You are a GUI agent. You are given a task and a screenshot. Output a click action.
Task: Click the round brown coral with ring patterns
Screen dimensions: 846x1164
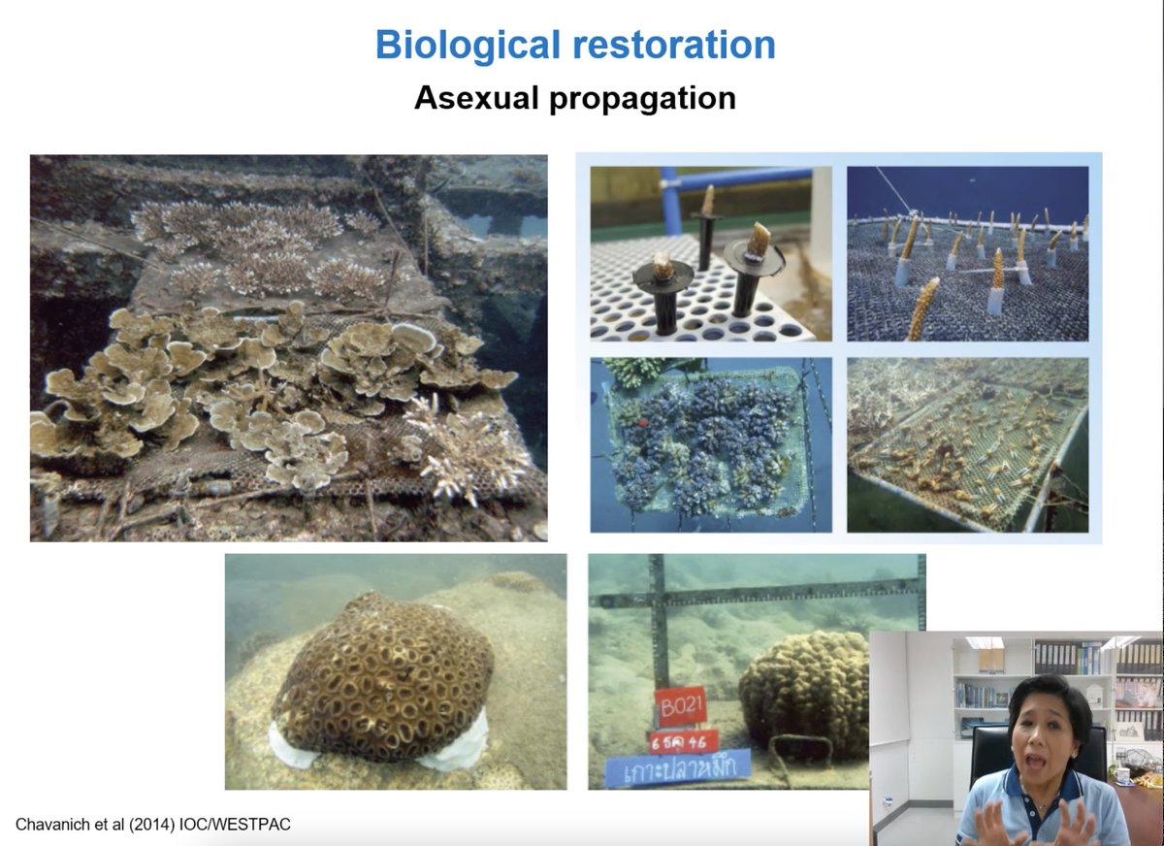[x=383, y=679]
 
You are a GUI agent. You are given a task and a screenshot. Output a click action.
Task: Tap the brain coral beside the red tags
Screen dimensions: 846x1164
[x=805, y=693]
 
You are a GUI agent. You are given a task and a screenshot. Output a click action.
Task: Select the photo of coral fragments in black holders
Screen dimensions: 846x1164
[x=710, y=253]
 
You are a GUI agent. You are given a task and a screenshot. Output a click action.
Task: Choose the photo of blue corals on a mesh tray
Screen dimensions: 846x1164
[x=710, y=444]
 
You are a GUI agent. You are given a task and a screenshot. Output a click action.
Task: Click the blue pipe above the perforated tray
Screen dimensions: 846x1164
[x=737, y=179]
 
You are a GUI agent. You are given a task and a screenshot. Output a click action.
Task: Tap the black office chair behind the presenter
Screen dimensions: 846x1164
[x=989, y=752]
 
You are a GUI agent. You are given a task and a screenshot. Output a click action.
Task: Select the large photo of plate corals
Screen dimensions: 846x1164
[x=288, y=347]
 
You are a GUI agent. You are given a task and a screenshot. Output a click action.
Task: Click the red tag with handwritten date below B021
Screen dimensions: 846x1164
[x=683, y=742]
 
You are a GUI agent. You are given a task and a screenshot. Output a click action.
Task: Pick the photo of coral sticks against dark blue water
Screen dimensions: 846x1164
[x=967, y=253]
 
